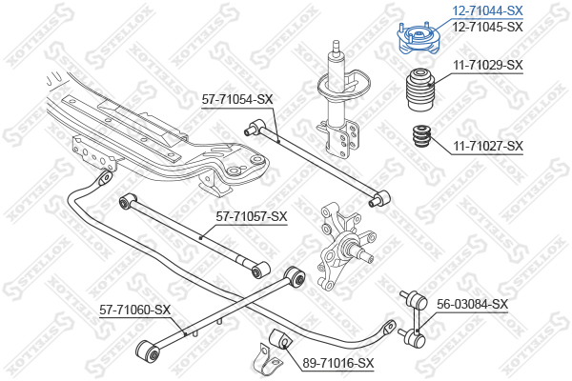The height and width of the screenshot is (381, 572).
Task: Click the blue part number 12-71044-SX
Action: coord(487,10)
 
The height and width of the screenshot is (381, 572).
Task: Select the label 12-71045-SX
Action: coord(487,27)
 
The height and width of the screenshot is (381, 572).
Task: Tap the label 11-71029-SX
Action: coord(488,66)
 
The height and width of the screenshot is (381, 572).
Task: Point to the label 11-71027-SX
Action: coord(488,146)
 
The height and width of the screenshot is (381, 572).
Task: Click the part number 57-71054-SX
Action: coord(237,99)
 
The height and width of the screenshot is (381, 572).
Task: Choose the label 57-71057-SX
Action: coord(252,216)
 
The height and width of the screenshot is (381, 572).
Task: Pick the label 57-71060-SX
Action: coord(135,310)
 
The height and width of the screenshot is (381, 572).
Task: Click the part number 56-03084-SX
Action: coord(473,304)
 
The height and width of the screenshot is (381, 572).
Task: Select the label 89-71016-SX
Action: coord(338,363)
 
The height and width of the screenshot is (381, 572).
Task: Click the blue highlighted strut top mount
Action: coord(419,38)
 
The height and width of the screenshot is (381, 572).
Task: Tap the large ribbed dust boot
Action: coord(419,90)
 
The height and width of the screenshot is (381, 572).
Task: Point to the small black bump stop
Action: coord(422,136)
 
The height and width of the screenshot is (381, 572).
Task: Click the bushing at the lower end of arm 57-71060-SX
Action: coord(148,351)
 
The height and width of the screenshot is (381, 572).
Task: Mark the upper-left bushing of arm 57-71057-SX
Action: coord(127,201)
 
